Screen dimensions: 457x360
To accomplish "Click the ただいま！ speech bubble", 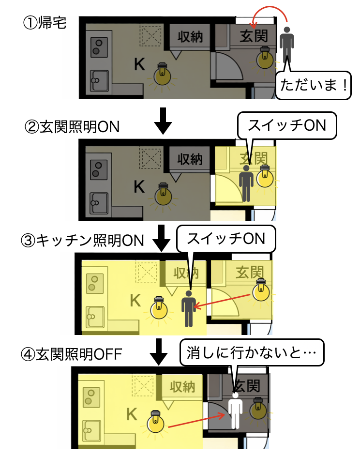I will (313, 87).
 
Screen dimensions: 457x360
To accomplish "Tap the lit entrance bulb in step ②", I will (265, 177).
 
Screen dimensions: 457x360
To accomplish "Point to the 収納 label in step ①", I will (190, 36).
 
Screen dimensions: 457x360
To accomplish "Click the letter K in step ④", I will (131, 414).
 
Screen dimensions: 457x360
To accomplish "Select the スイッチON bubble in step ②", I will (286, 125).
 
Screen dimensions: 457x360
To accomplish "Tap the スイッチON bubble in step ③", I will (225, 238).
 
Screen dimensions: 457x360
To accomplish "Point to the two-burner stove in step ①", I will (98, 46).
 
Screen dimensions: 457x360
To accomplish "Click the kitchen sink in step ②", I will (99, 199).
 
